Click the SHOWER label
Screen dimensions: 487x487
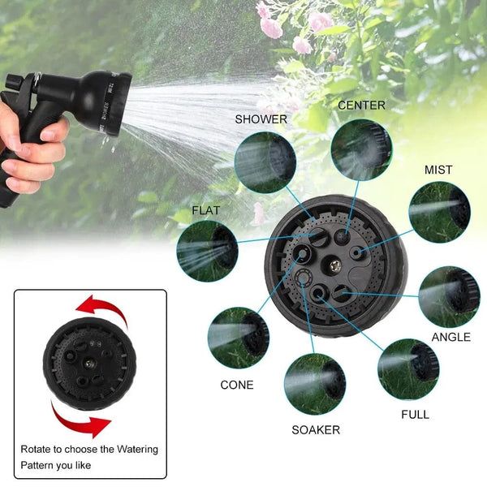pos(261,119)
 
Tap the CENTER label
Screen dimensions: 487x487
pos(361,106)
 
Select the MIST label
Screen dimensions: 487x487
pos(438,170)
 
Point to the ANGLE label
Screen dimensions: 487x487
pos(450,337)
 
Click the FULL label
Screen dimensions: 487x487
pos(416,414)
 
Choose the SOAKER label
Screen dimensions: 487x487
pos(316,430)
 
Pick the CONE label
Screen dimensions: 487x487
pos(237,385)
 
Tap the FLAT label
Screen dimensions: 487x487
pos(206,211)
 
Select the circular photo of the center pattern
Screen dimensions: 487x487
pos(361,149)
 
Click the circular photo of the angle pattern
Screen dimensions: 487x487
pos(449,296)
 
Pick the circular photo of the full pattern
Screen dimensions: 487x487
pos(408,369)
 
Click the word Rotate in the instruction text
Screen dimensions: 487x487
pos(38,449)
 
